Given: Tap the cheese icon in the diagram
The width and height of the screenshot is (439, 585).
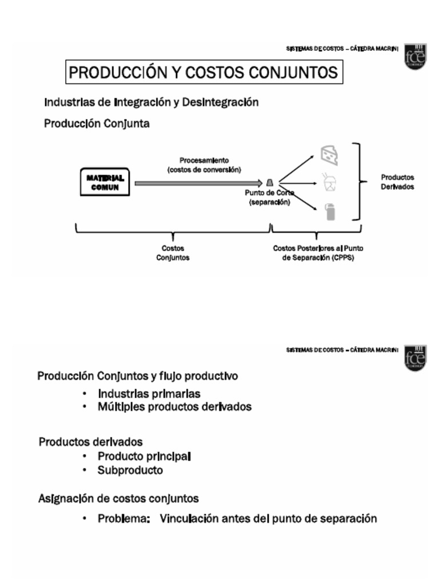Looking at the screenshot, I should pyautogui.click(x=329, y=154).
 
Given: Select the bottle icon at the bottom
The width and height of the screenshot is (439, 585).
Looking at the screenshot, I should pyautogui.click(x=329, y=211).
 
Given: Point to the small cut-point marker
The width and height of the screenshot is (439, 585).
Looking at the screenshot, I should pyautogui.click(x=269, y=183).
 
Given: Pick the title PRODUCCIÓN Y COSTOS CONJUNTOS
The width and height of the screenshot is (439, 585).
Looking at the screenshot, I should pyautogui.click(x=202, y=73).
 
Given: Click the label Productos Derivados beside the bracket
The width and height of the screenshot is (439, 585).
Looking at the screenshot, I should pyautogui.click(x=397, y=182).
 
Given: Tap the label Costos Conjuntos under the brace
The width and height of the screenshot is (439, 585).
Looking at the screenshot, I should pyautogui.click(x=173, y=253).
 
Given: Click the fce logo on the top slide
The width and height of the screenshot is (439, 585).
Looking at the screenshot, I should pyautogui.click(x=414, y=57).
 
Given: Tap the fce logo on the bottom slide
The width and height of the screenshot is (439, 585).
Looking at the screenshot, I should pyautogui.click(x=414, y=358).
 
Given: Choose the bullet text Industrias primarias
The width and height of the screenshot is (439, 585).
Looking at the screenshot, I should pyautogui.click(x=149, y=394).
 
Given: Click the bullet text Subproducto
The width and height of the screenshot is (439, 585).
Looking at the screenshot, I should pyautogui.click(x=130, y=471).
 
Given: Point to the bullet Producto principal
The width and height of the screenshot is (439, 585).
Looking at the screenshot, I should pyautogui.click(x=144, y=456).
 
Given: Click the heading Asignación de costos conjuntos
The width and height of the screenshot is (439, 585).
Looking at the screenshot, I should pyautogui.click(x=118, y=498).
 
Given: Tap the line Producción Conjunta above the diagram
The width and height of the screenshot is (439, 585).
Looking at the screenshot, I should pyautogui.click(x=97, y=123).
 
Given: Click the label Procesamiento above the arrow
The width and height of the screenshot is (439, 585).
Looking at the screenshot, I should pyautogui.click(x=204, y=161).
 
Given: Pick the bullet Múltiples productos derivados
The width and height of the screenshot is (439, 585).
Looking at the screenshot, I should pyautogui.click(x=174, y=407).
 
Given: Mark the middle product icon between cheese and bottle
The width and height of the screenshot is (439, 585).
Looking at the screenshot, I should pyautogui.click(x=330, y=182).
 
